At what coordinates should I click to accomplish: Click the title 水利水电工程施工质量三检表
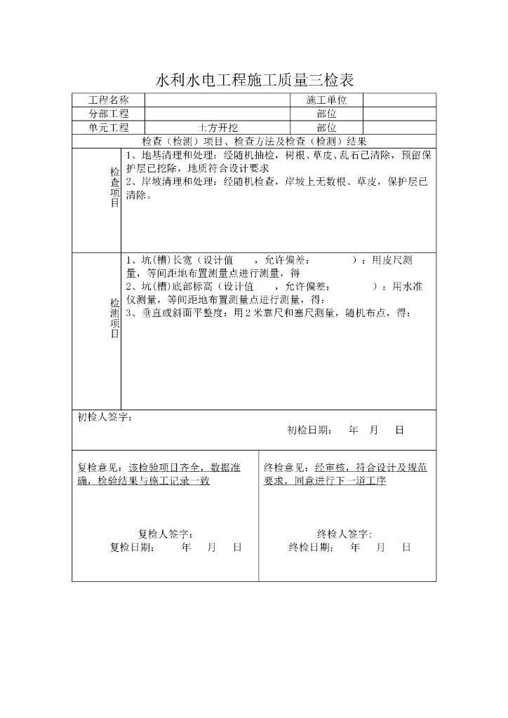click(254, 79)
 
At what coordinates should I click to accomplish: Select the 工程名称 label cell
click(108, 100)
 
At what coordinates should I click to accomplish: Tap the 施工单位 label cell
click(326, 100)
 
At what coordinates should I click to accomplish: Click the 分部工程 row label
click(108, 114)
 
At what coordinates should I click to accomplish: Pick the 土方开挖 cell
click(218, 128)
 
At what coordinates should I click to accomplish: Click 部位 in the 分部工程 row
click(326, 114)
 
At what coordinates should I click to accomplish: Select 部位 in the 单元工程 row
click(326, 128)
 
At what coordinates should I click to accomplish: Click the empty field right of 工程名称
click(218, 100)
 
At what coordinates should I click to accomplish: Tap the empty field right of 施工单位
click(399, 100)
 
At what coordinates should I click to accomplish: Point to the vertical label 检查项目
click(114, 187)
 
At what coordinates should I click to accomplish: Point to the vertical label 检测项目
click(114, 318)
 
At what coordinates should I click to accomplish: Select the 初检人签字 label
click(104, 418)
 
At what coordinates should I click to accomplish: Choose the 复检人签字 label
click(166, 534)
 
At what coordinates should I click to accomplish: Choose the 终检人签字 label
click(345, 534)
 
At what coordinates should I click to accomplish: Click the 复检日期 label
click(133, 548)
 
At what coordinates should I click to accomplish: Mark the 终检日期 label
click(311, 548)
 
